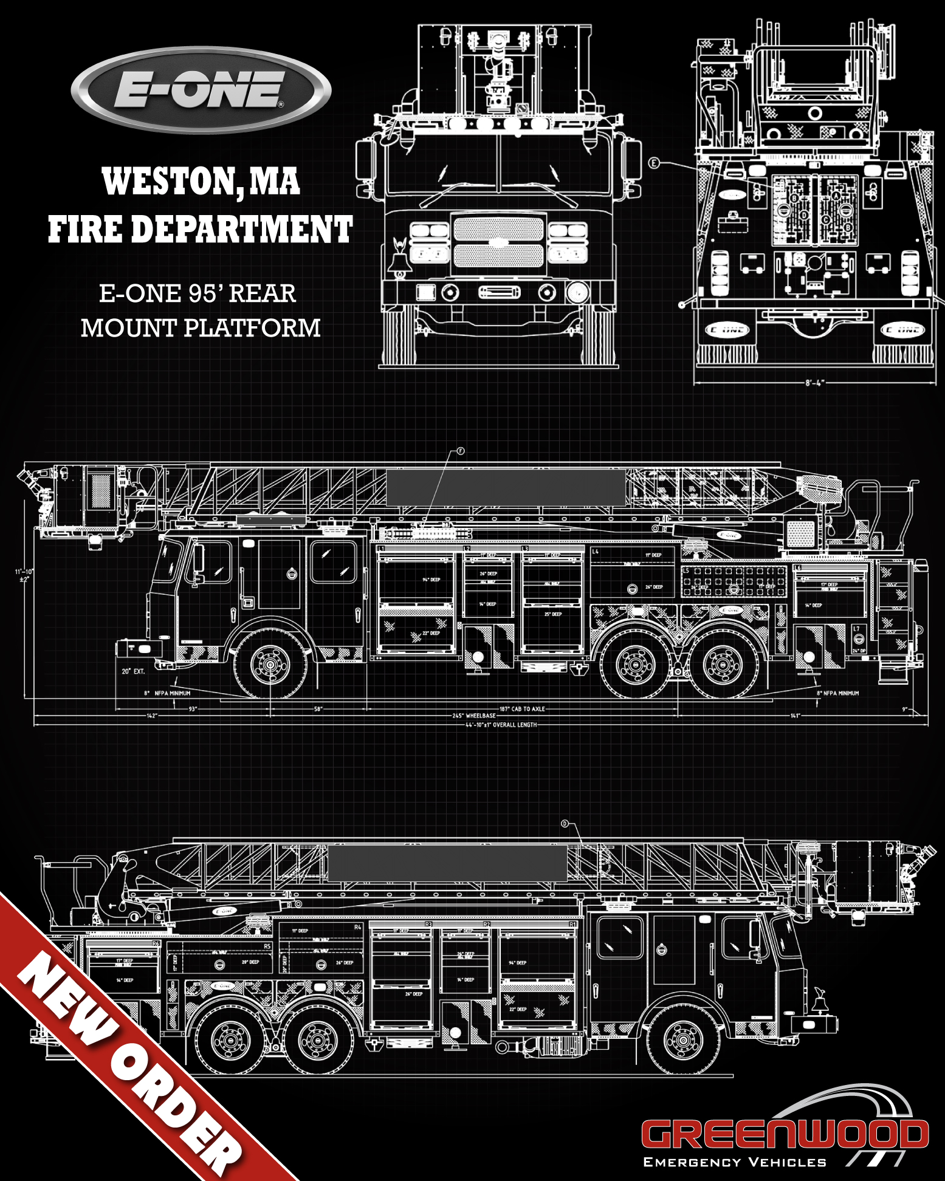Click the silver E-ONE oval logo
201,90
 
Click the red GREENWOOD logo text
785,1134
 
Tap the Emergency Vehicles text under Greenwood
735,1162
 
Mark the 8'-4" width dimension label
815,383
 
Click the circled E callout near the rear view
654,163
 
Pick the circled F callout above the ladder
461,451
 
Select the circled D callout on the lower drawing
565,824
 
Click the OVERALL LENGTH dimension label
501,725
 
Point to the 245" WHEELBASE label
474,716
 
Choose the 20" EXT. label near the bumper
133,671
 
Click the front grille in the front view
498,242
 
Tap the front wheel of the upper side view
270,665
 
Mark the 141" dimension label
795,716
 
